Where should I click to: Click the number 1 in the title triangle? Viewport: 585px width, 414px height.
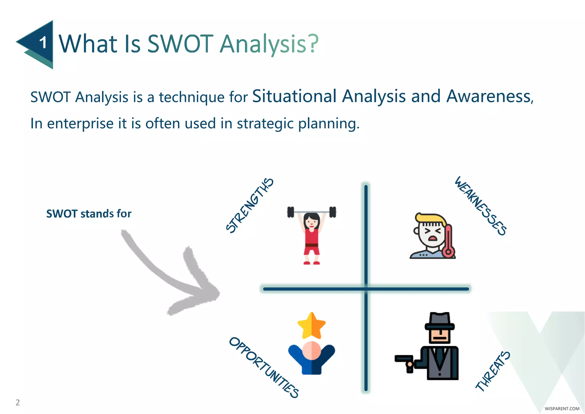point(43,43)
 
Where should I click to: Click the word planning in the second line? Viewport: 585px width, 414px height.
point(328,124)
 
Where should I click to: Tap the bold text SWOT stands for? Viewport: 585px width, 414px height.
point(89,214)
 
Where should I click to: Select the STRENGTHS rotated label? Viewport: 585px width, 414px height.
point(250,205)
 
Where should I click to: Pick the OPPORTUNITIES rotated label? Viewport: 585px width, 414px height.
point(264,368)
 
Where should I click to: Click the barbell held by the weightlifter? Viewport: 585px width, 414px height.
point(311,212)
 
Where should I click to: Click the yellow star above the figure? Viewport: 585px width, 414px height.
point(311,325)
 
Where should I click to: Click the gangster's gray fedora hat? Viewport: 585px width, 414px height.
point(440,322)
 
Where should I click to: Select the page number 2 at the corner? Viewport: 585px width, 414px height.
point(18,402)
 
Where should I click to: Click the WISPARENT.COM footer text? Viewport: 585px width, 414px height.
point(562,409)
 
